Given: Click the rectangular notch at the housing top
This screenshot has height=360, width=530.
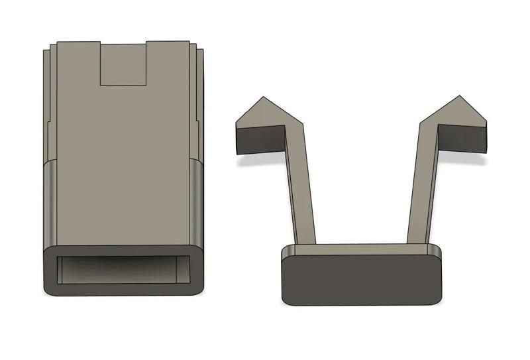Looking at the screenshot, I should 123,64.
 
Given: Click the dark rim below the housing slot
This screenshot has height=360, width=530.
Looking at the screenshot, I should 123,289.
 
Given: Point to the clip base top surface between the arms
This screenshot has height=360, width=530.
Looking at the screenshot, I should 361,249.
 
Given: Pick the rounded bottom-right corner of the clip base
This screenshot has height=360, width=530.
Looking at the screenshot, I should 437,298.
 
